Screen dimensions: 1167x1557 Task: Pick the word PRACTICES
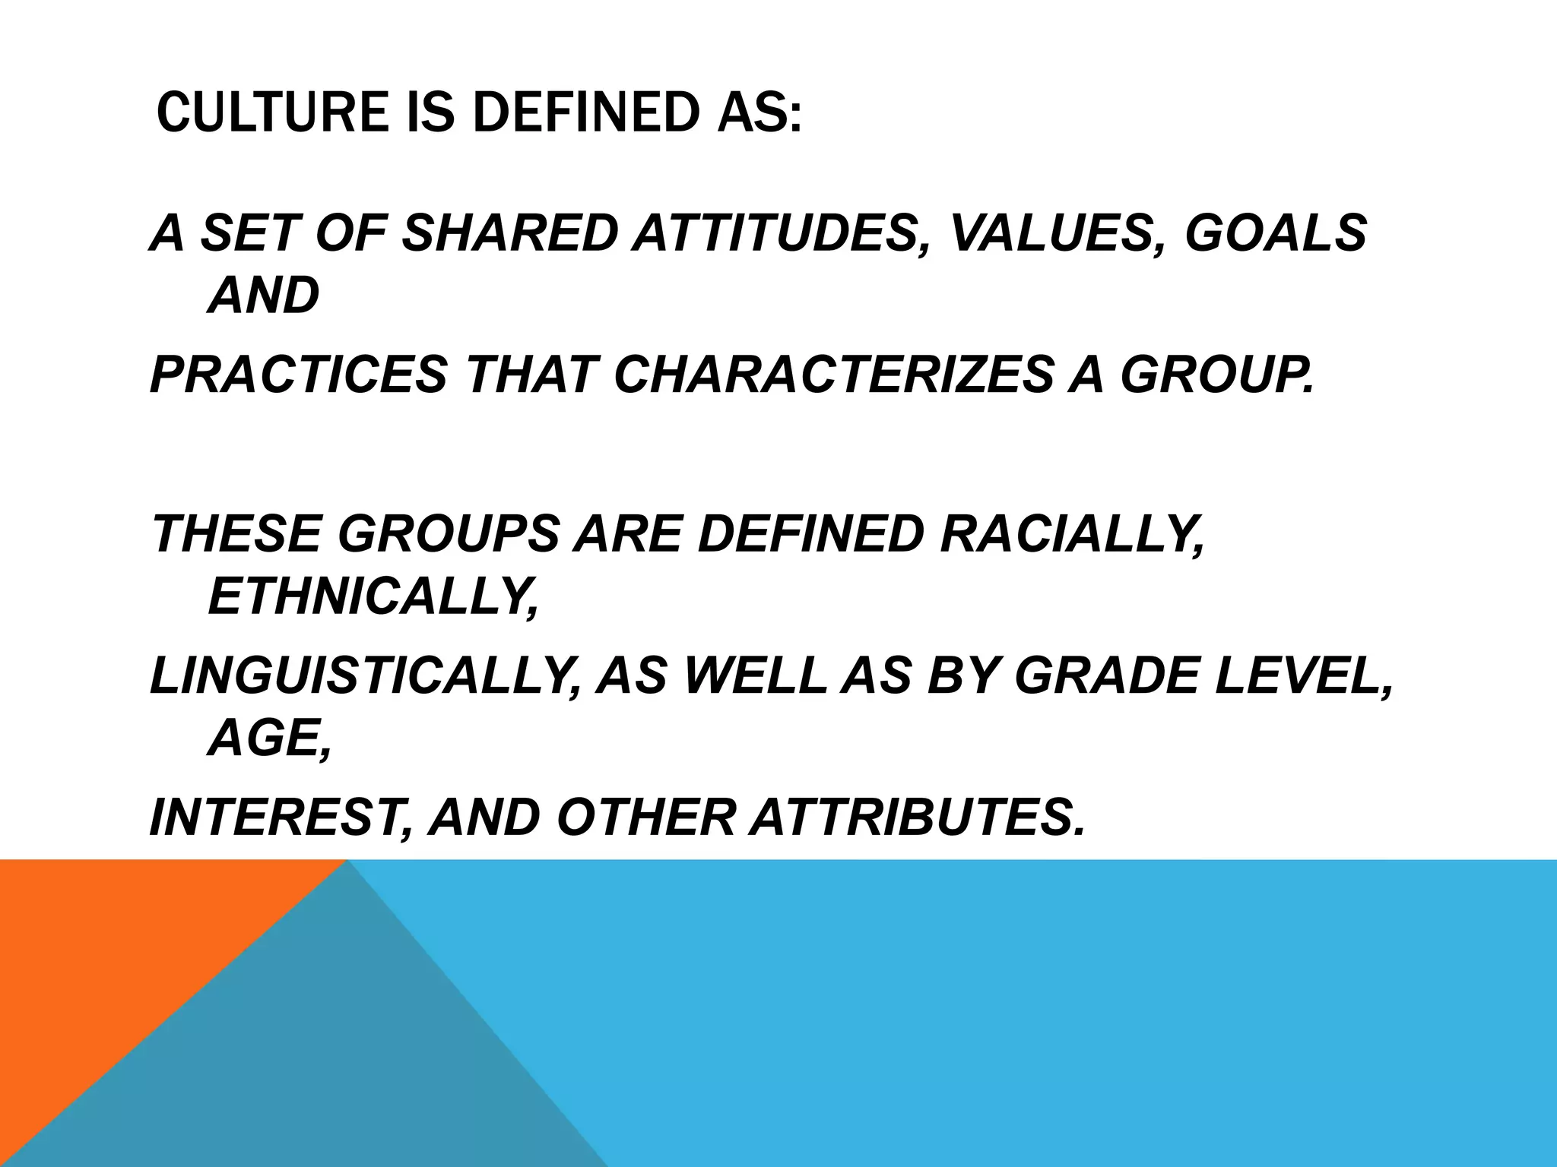tap(299, 375)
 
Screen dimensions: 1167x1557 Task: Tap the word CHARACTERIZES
tap(833, 375)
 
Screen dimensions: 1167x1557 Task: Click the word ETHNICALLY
tap(373, 596)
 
